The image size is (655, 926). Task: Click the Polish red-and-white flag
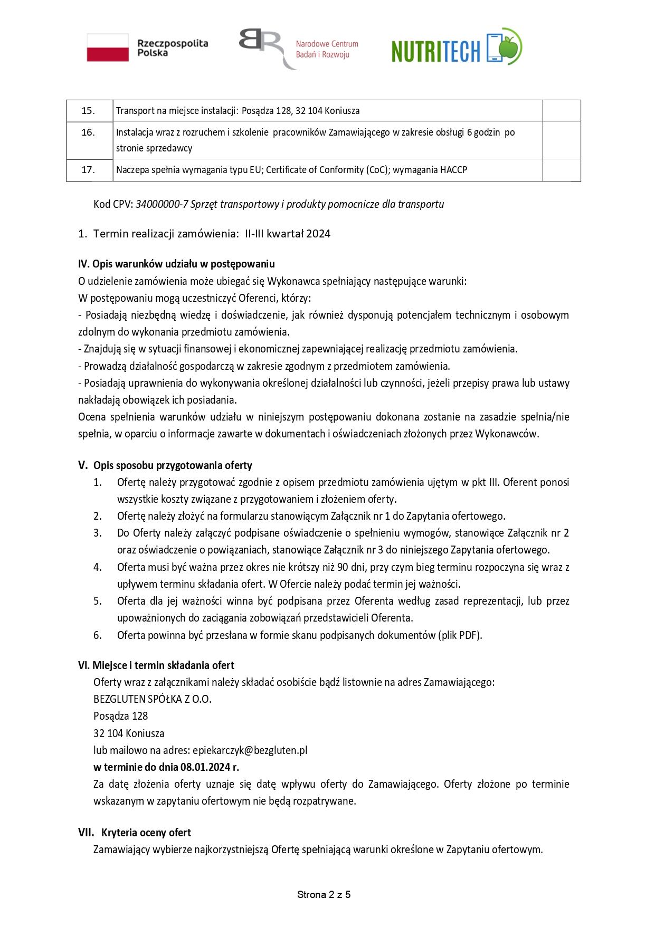pyautogui.click(x=108, y=47)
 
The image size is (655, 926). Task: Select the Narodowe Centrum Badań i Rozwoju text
pyautogui.click(x=327, y=49)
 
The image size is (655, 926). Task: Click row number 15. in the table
pyautogui.click(x=88, y=111)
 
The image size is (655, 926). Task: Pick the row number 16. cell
pyautogui.click(x=88, y=132)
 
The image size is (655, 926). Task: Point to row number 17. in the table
pyautogui.click(x=88, y=170)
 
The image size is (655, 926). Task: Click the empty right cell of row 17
pyautogui.click(x=561, y=170)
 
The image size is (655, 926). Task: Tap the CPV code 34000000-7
pyautogui.click(x=162, y=204)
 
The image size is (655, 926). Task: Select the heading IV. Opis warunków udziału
pyautogui.click(x=176, y=264)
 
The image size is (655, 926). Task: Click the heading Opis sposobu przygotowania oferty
pyautogui.click(x=173, y=465)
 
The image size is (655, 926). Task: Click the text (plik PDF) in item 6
pyautogui.click(x=459, y=635)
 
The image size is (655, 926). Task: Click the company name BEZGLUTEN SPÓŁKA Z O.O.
pyautogui.click(x=152, y=699)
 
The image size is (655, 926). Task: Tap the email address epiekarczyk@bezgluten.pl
pyautogui.click(x=250, y=750)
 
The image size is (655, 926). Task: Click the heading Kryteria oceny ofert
pyautogui.click(x=146, y=833)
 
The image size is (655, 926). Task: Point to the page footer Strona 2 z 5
pyautogui.click(x=324, y=894)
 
